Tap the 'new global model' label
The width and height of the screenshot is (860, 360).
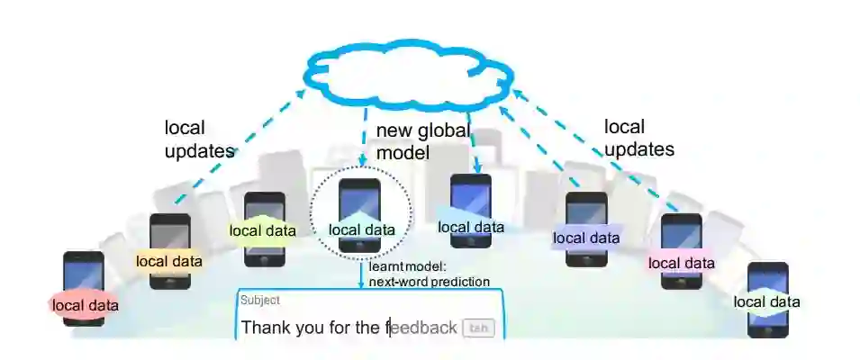(421, 141)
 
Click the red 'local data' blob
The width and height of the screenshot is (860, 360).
(85, 305)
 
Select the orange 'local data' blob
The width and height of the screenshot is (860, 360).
(168, 261)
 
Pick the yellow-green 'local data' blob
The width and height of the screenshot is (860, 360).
(262, 230)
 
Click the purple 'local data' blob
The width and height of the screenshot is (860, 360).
(585, 238)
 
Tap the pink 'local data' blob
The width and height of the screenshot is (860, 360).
(681, 263)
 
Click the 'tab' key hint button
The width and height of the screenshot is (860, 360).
(478, 328)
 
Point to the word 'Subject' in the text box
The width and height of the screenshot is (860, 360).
(259, 301)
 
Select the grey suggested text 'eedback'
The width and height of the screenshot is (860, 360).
(424, 328)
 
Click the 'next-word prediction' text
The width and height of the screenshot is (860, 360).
(429, 282)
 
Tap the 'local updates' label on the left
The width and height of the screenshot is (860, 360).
(198, 139)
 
